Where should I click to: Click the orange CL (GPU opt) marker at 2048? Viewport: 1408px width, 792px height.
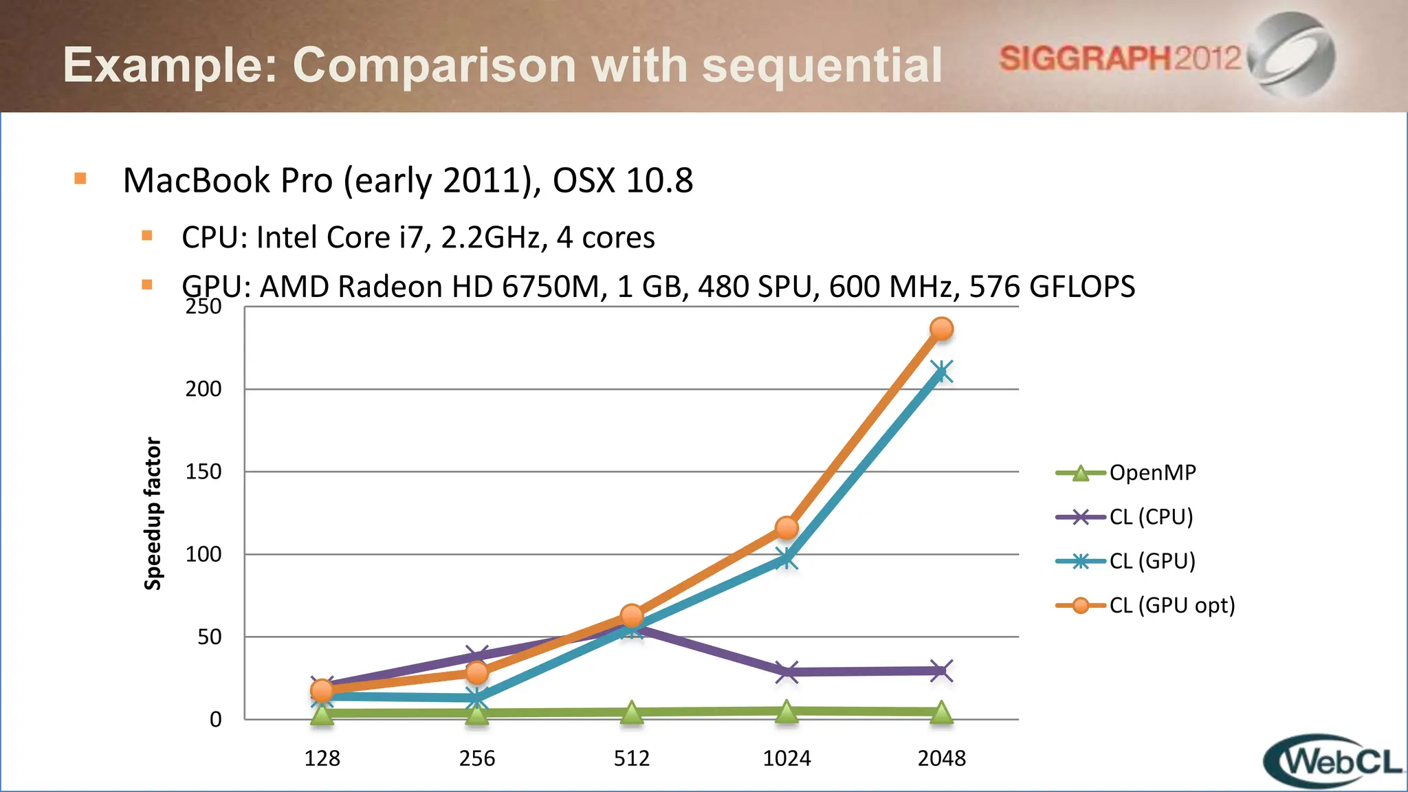[x=941, y=329]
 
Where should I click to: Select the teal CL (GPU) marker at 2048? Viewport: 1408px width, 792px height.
[x=941, y=373]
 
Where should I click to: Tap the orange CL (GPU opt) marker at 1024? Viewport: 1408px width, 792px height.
[x=786, y=528]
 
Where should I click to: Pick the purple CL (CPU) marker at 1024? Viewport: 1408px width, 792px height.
[x=786, y=672]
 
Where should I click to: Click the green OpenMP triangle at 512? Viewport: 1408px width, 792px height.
[x=632, y=714]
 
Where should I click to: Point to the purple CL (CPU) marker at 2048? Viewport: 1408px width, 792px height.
[x=941, y=670]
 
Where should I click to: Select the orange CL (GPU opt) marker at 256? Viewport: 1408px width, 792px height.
[x=477, y=672]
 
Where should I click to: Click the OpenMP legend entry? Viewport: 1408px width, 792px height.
[x=1152, y=473]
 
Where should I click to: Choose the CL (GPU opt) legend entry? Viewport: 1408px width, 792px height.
[x=1171, y=606]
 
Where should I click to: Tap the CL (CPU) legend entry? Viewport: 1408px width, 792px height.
[x=1151, y=517]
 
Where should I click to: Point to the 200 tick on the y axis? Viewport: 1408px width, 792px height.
[x=203, y=389]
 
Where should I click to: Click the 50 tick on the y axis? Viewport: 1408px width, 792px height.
[x=209, y=637]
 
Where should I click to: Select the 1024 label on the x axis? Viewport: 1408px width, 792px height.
[x=786, y=758]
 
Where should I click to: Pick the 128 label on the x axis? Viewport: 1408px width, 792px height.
[x=322, y=758]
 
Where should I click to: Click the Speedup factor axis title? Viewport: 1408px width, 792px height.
[x=153, y=514]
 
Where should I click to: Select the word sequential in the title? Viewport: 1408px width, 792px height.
[x=822, y=65]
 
